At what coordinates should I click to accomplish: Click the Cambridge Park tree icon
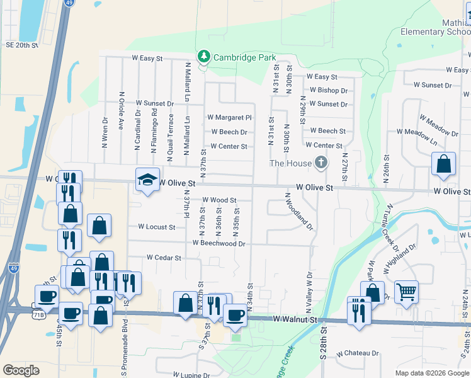tap(203, 57)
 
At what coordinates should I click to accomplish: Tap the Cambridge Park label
tap(245, 57)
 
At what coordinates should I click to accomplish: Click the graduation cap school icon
tap(147, 180)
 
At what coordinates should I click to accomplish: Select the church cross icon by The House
tap(321, 163)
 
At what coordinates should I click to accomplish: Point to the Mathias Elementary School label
tap(445, 27)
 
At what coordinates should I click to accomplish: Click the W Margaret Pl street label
tap(230, 117)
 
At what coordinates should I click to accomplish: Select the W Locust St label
tap(156, 227)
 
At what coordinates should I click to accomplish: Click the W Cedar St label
tap(164, 258)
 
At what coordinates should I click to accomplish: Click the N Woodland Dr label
tap(299, 212)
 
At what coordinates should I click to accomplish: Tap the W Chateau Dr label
tap(357, 354)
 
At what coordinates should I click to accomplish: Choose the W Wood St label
tap(219, 200)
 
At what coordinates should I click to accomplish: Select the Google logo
tap(21, 370)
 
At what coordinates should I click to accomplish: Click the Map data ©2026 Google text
tap(431, 373)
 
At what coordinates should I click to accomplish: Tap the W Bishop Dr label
tap(327, 91)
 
